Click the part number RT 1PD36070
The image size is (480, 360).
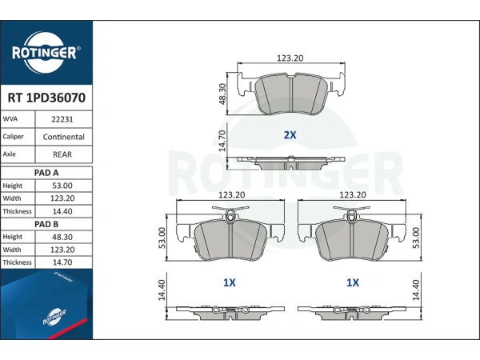click(x=46, y=98)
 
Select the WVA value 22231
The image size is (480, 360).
click(x=62, y=119)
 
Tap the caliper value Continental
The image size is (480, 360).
click(x=64, y=137)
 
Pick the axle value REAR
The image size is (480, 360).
click(x=62, y=154)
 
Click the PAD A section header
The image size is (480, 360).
click(x=46, y=173)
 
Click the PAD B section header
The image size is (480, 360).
click(x=46, y=224)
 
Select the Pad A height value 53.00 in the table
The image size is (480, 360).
click(x=62, y=186)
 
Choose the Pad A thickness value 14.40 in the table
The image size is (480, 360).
click(x=62, y=211)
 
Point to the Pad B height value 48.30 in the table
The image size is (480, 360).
click(x=62, y=237)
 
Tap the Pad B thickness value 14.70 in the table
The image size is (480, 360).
click(x=62, y=262)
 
